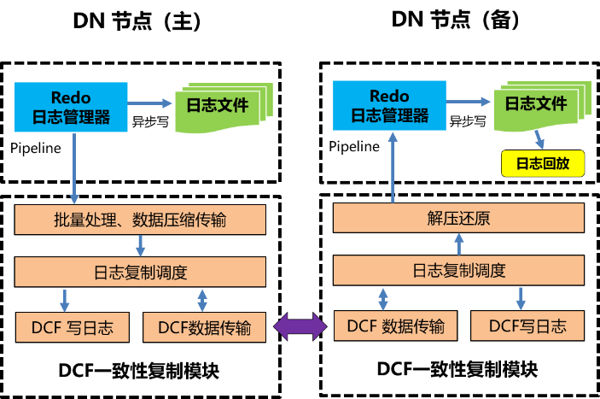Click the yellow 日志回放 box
tap(542, 163)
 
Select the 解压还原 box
tap(458, 218)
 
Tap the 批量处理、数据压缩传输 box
tap(140, 220)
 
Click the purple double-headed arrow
tap(300, 326)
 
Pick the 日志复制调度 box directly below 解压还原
tap(458, 271)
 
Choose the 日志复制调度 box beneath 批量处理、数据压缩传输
tap(140, 273)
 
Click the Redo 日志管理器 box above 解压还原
tap(389, 105)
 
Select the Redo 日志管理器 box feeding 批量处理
tap(72, 107)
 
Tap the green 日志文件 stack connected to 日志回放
tap(536, 106)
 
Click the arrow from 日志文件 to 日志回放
tap(539, 140)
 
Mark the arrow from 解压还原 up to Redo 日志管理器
tap(393, 167)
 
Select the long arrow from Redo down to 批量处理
tap(74, 167)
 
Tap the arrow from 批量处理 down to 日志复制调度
tap(140, 246)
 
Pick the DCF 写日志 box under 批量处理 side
tap(73, 326)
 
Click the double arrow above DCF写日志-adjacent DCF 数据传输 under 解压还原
tap(383, 298)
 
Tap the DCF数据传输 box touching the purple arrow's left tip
tap(202, 327)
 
